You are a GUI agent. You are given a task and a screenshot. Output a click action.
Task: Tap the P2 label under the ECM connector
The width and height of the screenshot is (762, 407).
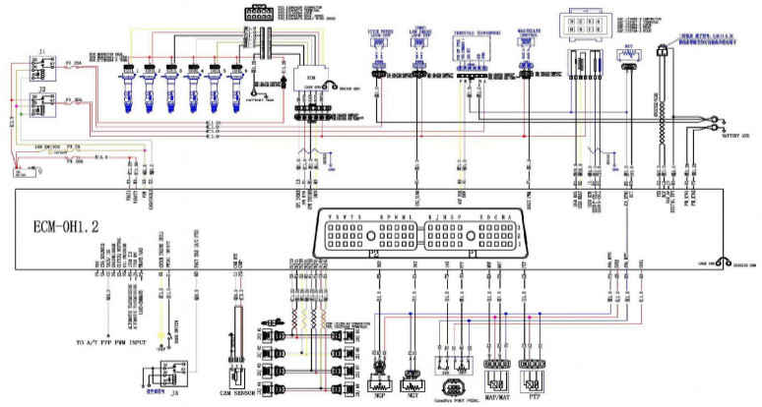click(x=372, y=252)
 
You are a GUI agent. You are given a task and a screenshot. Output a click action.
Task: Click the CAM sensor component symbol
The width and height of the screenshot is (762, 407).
click(x=236, y=343)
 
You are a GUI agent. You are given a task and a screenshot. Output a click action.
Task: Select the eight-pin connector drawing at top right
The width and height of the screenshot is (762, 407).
click(x=578, y=25)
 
